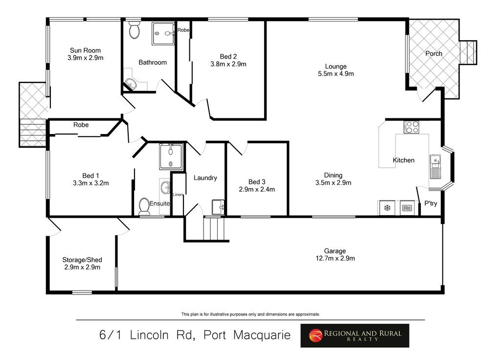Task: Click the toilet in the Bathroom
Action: click(134, 31)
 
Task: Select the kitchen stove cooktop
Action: click(411, 127)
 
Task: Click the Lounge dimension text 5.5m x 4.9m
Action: click(336, 74)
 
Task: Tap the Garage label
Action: click(335, 251)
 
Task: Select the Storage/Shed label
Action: click(82, 260)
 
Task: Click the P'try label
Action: click(431, 203)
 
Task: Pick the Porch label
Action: click(433, 53)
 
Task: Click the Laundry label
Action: click(205, 178)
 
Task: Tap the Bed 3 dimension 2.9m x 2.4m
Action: click(257, 189)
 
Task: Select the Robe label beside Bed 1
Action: click(81, 125)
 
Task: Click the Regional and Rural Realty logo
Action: click(355, 336)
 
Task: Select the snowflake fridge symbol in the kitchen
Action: click(387, 208)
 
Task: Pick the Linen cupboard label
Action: click(178, 195)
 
